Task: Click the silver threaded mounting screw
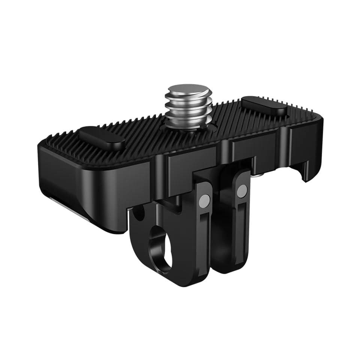pos(189,107)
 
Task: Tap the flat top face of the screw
pos(189,90)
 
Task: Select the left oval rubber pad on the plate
pos(101,138)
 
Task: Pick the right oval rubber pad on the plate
pos(264,106)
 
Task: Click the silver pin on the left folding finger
pos(205,201)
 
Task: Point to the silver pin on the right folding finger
pos(242,191)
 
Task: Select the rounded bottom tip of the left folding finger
pos(187,279)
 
